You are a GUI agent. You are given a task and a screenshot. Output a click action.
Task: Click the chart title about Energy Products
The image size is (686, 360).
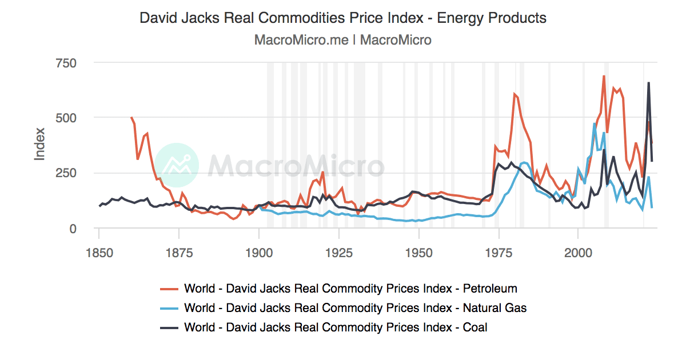343,18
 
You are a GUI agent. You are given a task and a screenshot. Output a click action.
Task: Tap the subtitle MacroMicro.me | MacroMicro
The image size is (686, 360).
343,40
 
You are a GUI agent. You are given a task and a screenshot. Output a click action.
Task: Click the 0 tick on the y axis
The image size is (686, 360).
73,229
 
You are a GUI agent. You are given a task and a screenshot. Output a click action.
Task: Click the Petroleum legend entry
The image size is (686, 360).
350,288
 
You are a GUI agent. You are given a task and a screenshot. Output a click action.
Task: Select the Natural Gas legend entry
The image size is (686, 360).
354,308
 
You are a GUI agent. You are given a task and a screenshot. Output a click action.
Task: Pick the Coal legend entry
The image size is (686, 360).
335,327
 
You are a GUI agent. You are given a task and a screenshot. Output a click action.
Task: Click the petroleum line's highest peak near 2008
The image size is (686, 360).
604,76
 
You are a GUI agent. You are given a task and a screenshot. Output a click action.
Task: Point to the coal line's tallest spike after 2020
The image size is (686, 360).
648,83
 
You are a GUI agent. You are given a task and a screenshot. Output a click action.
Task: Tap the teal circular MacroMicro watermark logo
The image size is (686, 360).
177,165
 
